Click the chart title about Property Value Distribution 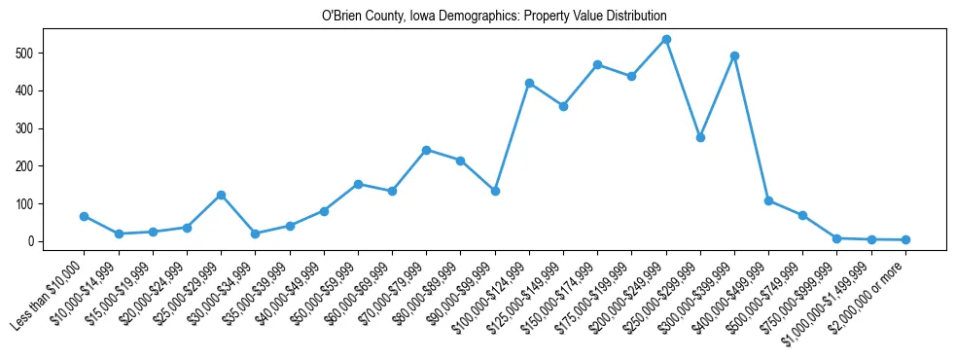click(x=494, y=17)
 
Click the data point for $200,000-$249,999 click(x=666, y=39)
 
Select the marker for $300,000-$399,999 click(x=734, y=55)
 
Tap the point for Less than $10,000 click(x=85, y=216)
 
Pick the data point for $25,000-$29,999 click(x=222, y=195)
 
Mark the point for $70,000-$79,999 click(x=426, y=150)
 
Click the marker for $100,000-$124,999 click(x=529, y=83)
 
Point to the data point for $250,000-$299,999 click(x=700, y=137)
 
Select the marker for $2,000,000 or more click(x=905, y=239)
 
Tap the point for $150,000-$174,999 click(x=597, y=64)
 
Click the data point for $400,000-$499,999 click(x=768, y=200)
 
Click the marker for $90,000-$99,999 click(x=495, y=191)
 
